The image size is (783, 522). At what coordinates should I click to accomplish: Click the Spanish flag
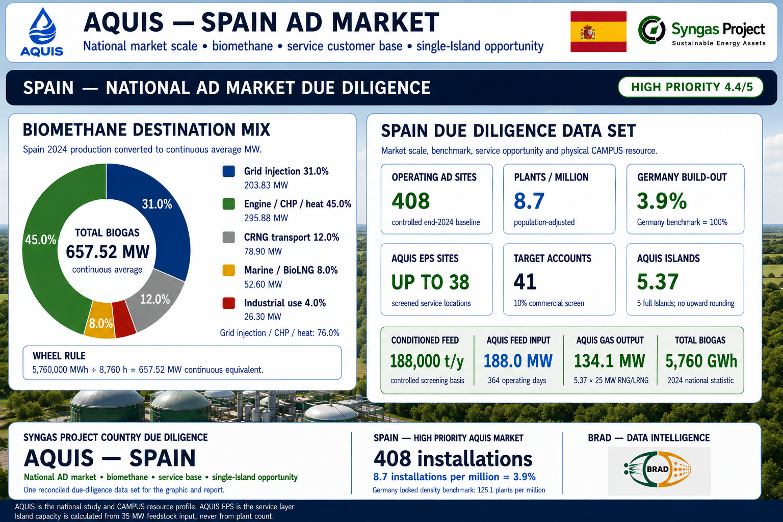point(598,32)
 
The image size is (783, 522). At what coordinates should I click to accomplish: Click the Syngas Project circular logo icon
point(651,30)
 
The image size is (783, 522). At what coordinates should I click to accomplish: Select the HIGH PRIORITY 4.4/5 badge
point(691,87)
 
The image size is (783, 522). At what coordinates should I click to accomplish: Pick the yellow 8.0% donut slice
point(100,321)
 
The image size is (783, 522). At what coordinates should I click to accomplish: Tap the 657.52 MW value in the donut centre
point(108,251)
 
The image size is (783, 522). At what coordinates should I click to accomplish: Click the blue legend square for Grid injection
point(228,171)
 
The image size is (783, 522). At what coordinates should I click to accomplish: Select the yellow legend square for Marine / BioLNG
point(228,270)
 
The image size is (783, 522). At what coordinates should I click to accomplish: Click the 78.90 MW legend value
point(263,251)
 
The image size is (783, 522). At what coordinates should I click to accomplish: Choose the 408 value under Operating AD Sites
point(410,201)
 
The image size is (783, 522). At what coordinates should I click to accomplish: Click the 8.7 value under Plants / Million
point(529,201)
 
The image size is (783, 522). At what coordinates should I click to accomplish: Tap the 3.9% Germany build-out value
point(662,201)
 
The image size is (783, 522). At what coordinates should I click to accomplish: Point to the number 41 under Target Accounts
point(525,281)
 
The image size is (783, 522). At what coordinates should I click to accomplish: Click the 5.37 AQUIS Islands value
point(658,281)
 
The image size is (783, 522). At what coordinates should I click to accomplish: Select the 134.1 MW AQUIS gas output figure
point(609,361)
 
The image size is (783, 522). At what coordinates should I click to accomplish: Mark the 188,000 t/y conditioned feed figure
point(427,361)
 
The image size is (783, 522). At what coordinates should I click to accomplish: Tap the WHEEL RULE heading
point(59,356)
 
